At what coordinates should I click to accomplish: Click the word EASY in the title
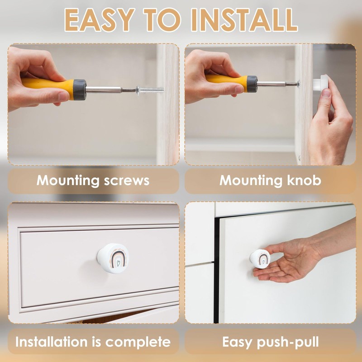(100, 20)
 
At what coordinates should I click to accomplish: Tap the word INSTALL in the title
(244, 20)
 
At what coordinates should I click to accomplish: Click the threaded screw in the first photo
(150, 90)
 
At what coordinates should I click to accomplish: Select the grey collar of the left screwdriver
(80, 90)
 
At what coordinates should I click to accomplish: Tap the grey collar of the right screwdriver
(252, 84)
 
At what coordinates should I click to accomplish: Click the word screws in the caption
(127, 181)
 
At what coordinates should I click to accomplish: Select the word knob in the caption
(304, 180)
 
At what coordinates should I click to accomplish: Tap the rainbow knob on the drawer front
(113, 258)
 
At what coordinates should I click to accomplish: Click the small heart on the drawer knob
(118, 263)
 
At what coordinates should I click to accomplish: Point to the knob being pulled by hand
(260, 258)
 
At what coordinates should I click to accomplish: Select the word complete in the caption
(138, 342)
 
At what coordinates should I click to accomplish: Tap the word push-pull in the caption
(288, 342)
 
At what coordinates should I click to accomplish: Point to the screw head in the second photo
(298, 84)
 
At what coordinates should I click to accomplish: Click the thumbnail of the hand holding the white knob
(326, 93)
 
